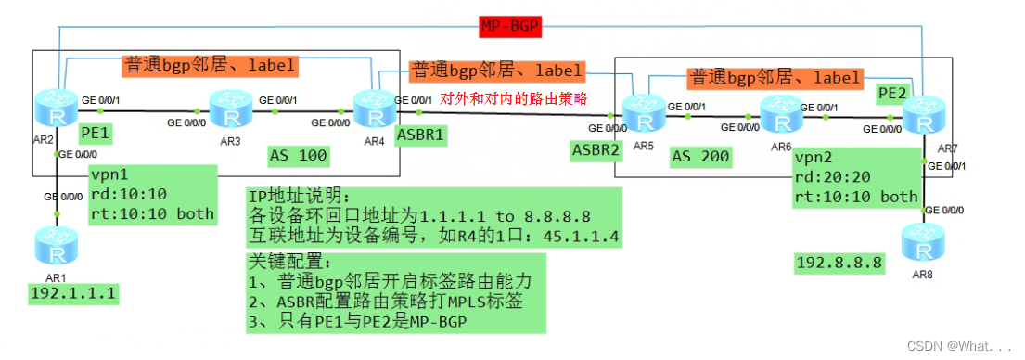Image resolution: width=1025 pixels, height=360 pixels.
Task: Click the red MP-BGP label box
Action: [511, 26]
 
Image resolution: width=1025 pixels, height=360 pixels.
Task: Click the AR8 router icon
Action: [922, 245]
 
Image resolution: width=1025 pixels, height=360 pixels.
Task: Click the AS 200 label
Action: [699, 158]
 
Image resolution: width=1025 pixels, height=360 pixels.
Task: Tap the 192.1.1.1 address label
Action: [68, 294]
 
